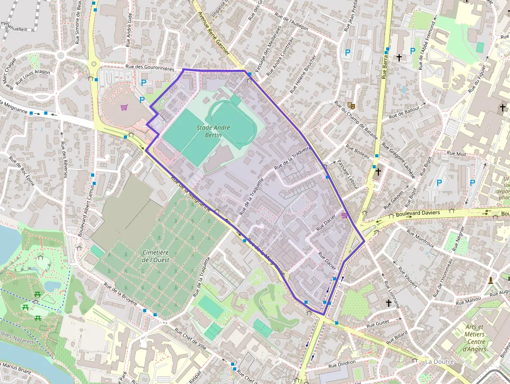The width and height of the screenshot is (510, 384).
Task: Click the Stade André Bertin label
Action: [206, 131]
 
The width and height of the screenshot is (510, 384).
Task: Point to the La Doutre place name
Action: [440, 362]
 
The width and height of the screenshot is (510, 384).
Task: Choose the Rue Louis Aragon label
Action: [33, 76]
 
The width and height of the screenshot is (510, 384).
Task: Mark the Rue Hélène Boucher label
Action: [303, 74]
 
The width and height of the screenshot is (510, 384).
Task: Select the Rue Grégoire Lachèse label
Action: [398, 160]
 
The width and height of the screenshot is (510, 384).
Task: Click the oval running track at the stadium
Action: [232, 121]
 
